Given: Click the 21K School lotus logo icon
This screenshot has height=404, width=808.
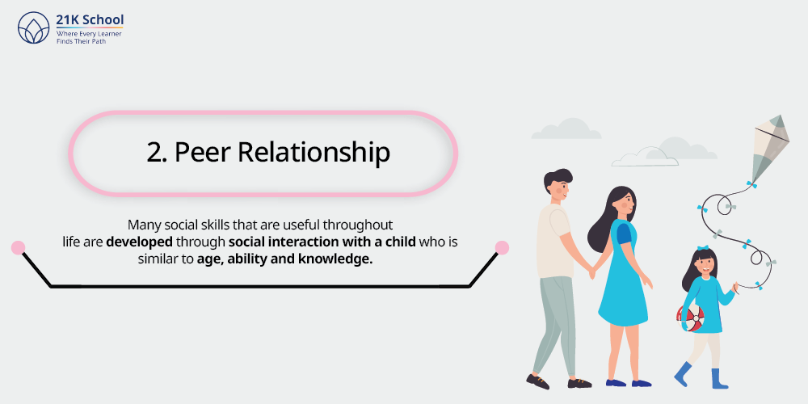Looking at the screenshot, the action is click(34, 27).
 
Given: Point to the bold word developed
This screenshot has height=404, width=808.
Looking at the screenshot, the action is click(139, 242).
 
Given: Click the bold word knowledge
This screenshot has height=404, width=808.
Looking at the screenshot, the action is click(335, 259).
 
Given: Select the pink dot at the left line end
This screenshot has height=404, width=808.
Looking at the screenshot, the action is click(18, 248).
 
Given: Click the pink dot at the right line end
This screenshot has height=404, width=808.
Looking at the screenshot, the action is click(502, 248).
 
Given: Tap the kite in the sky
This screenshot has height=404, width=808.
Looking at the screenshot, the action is click(770, 149).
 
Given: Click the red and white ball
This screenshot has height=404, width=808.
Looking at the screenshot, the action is click(691, 318).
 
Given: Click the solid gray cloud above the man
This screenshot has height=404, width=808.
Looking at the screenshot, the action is click(566, 128).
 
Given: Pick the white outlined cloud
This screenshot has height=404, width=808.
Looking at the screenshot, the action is click(645, 157).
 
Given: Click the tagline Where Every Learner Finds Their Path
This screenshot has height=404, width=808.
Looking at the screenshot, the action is click(89, 37).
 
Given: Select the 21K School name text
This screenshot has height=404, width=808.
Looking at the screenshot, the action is click(90, 20).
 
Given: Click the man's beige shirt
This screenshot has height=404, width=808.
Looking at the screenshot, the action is click(554, 241).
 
